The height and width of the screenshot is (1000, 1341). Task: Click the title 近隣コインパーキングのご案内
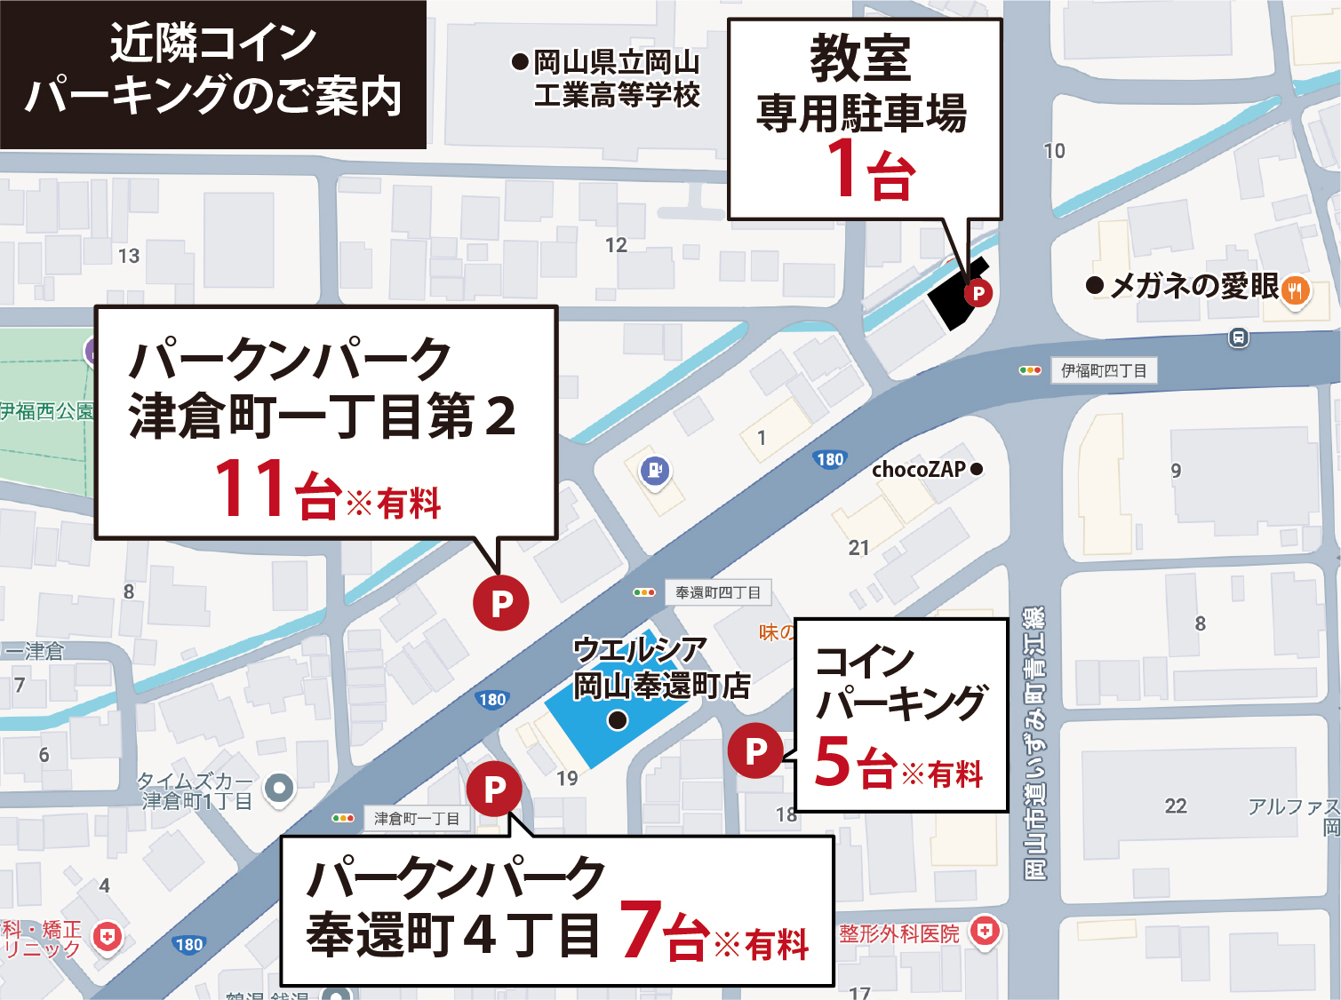click(213, 71)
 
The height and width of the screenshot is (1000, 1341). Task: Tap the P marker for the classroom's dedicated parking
click(978, 292)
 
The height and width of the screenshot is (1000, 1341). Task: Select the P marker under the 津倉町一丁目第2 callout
click(501, 603)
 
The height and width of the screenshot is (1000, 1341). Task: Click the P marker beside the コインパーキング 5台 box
click(755, 751)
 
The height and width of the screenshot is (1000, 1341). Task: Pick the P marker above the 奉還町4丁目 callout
click(494, 788)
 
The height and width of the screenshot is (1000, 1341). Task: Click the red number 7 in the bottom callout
click(642, 930)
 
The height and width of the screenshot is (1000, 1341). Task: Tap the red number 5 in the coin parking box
click(833, 761)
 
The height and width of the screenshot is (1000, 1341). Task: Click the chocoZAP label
click(919, 469)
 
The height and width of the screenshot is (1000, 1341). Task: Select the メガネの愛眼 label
click(1193, 286)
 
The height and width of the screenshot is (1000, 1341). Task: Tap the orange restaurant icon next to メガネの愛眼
click(1296, 290)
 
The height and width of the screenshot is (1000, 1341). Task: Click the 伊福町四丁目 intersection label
click(1104, 370)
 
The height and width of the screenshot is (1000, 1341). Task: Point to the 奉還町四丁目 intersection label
click(717, 592)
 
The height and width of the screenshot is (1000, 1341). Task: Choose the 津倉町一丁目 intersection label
click(416, 818)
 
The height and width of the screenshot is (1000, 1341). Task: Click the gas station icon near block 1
click(655, 470)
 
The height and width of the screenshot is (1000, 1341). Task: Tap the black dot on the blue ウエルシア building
click(618, 719)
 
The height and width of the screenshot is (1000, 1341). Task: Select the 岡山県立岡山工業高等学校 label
click(616, 78)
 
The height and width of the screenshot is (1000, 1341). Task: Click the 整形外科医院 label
click(899, 933)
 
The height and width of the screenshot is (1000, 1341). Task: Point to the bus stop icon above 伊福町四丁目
click(1239, 337)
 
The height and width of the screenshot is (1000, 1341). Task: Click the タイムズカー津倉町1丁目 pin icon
click(279, 788)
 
